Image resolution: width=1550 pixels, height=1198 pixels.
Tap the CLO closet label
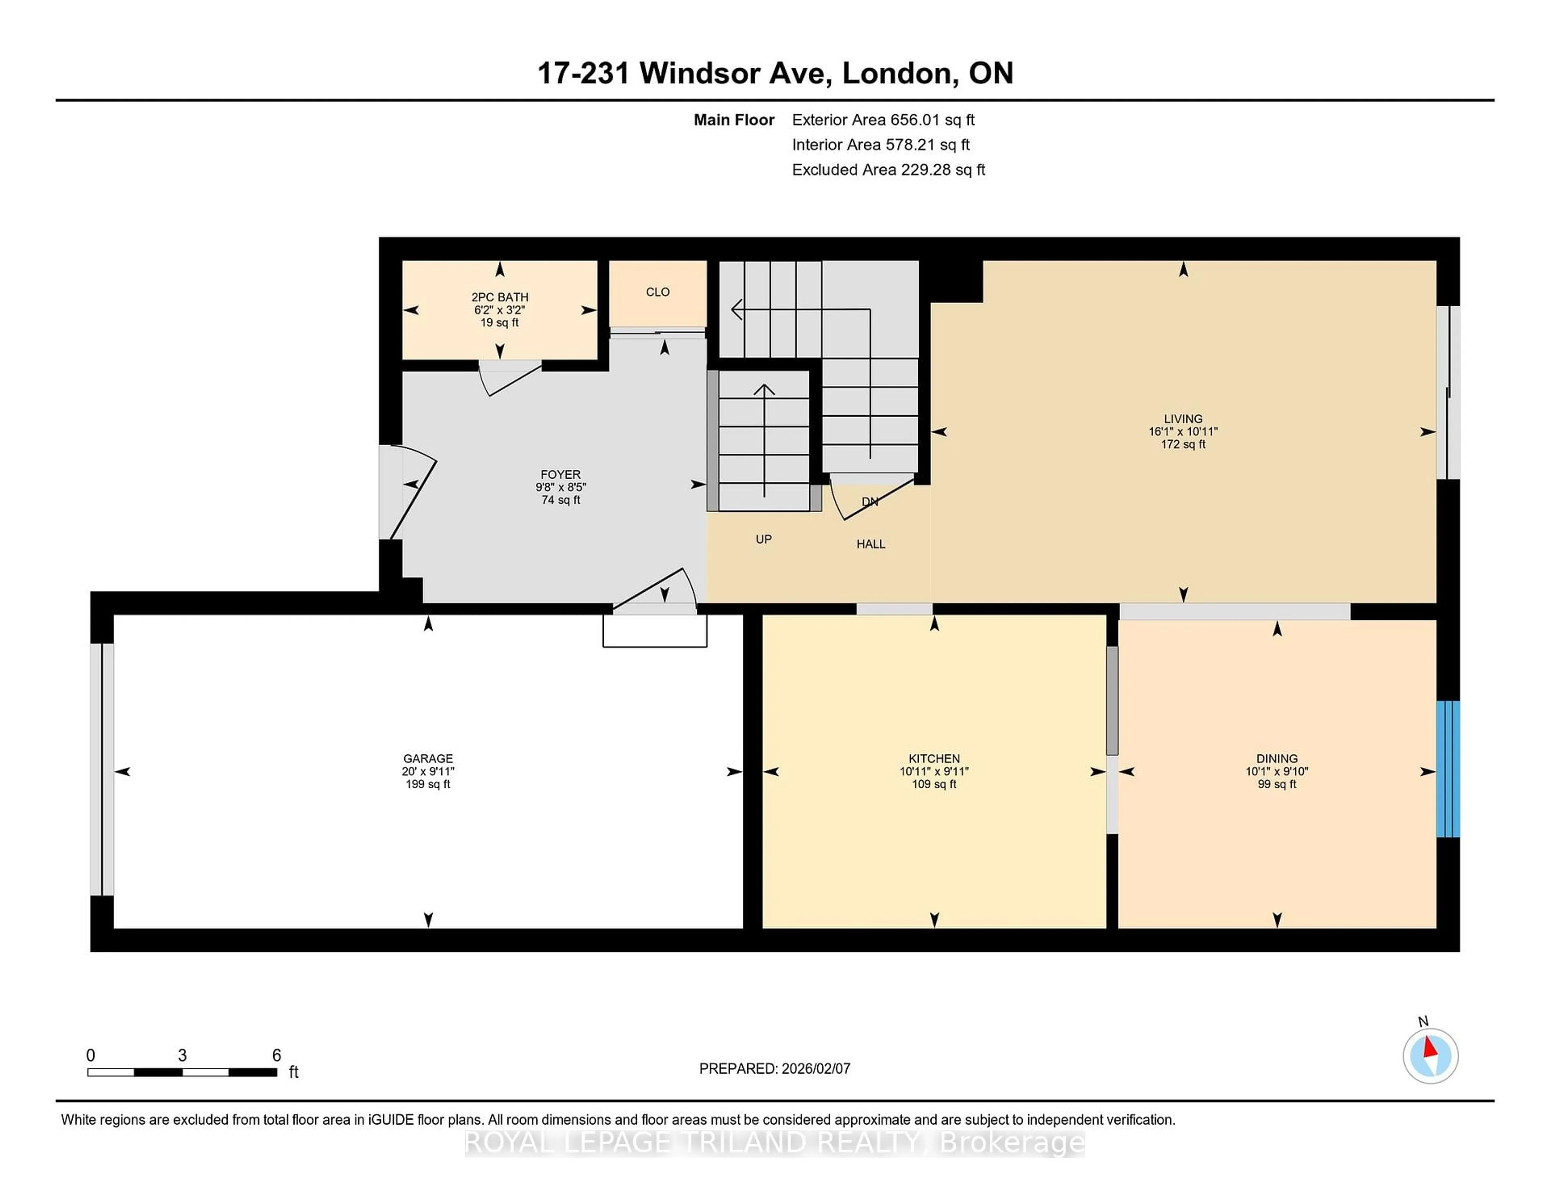pyautogui.click(x=657, y=292)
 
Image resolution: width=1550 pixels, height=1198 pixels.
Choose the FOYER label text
pyautogui.click(x=560, y=474)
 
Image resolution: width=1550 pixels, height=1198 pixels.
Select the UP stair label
pyautogui.click(x=763, y=539)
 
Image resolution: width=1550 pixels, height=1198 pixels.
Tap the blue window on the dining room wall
pyautogui.click(x=1447, y=769)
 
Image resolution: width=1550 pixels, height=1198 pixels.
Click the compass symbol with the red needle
pyautogui.click(x=1430, y=1056)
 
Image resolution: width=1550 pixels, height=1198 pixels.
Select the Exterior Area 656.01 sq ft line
pyautogui.click(x=883, y=120)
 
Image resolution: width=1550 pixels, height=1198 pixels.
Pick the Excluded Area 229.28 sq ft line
pyautogui.click(x=888, y=170)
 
